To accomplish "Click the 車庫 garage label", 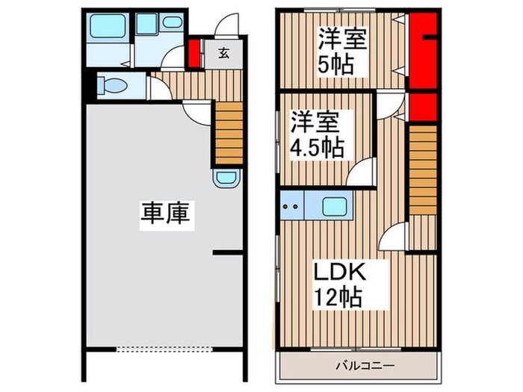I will pos(167,214).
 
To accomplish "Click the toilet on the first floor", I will pos(113,86).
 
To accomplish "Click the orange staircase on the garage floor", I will pos(229,132).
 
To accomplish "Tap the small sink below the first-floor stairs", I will pos(225,178).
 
